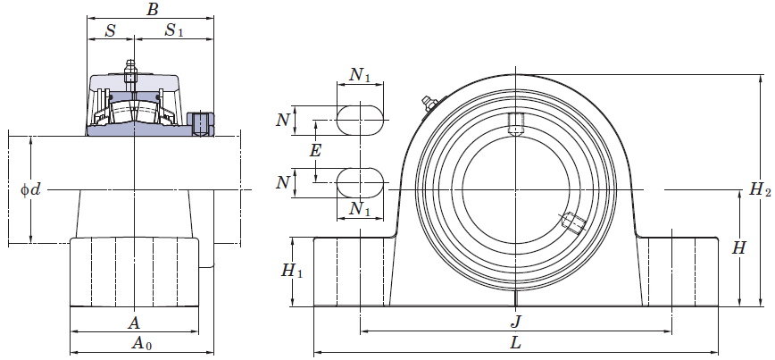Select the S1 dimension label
173,30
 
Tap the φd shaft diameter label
30,189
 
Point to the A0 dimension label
141,343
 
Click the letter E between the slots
315,151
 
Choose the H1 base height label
292,271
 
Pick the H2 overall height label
760,188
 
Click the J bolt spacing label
515,322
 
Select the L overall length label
515,343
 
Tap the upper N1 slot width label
360,75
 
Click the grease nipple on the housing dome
429,103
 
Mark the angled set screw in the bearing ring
573,222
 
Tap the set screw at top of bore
515,123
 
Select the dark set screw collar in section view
201,124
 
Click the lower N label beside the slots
282,182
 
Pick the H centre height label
738,248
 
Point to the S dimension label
111,30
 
